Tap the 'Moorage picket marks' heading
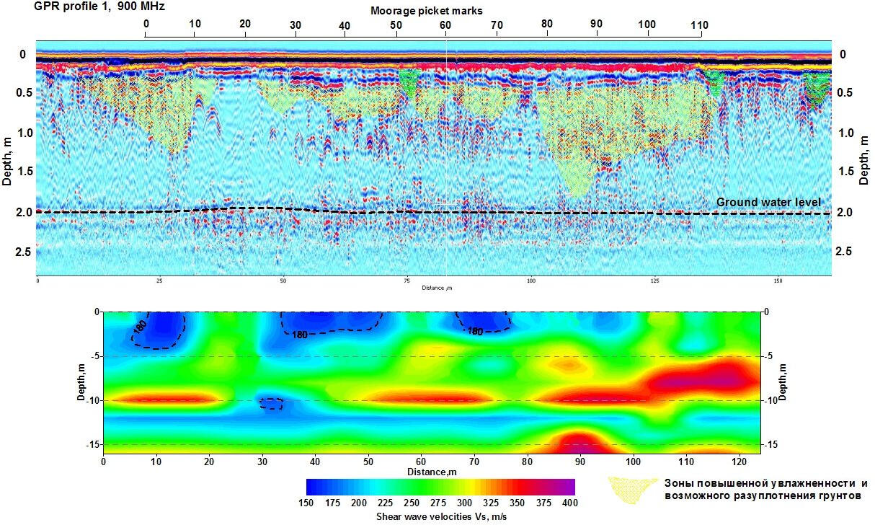427,11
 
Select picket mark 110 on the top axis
698,25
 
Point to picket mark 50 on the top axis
396,25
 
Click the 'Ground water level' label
768,202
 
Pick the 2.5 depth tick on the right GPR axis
844,251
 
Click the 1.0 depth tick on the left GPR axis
23,133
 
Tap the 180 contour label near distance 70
474,332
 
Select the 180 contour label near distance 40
301,334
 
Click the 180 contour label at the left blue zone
138,329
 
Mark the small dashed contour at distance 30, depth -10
271,404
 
